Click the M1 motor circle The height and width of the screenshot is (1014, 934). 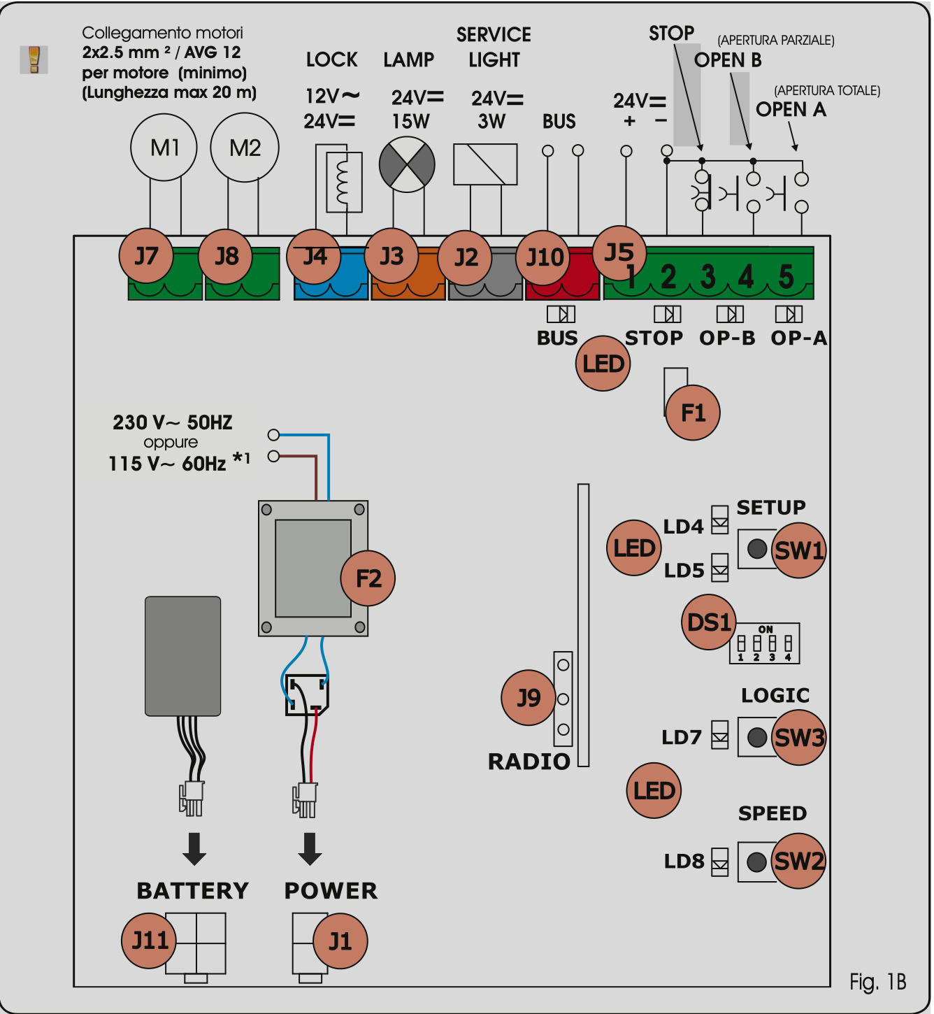[164, 148]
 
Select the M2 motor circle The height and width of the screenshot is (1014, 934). [245, 148]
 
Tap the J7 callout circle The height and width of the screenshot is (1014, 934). [145, 256]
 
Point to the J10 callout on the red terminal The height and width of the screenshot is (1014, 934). [544, 257]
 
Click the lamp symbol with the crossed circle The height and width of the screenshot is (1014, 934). [407, 164]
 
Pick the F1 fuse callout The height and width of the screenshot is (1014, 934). [693, 413]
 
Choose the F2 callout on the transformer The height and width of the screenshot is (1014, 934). [368, 578]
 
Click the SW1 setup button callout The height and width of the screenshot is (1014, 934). [799, 550]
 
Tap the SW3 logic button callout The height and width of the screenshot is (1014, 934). [799, 738]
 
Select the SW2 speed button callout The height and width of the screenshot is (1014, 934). [799, 861]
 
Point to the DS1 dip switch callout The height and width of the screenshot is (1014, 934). [709, 622]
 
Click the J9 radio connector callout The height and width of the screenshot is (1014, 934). [529, 697]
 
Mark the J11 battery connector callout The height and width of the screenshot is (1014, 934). [150, 941]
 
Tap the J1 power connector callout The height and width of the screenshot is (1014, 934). [340, 941]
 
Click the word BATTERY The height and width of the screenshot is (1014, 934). [193, 891]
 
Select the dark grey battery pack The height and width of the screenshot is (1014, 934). [183, 656]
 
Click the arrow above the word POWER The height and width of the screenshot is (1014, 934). [310, 848]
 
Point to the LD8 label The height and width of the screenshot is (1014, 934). [684, 861]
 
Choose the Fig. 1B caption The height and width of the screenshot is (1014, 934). [878, 983]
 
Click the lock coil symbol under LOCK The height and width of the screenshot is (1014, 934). [344, 182]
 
